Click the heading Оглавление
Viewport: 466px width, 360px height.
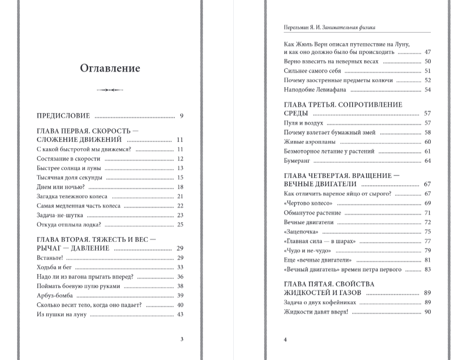coord(110,68)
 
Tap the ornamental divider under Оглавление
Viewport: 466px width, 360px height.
coord(110,90)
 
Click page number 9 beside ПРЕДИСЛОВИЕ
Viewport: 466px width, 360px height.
coord(182,116)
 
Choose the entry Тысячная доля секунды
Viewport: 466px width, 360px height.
coord(69,178)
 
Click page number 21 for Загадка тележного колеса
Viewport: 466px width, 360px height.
coord(180,197)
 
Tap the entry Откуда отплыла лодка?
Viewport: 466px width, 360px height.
coord(68,225)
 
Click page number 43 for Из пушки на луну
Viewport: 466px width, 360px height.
coord(180,315)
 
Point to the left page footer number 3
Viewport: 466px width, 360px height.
coord(182,339)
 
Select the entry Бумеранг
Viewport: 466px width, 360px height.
coord(297,161)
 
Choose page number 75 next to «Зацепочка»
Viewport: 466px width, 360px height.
coord(427,232)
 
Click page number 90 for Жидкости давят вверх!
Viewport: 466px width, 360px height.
coord(427,312)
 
